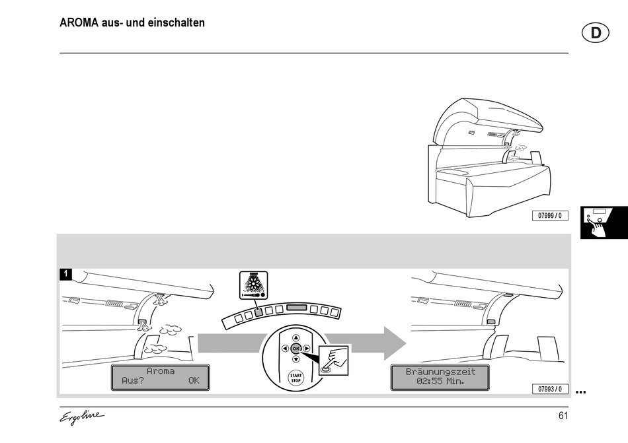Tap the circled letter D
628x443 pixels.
pyautogui.click(x=596, y=33)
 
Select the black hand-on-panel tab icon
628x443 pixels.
pyautogui.click(x=604, y=222)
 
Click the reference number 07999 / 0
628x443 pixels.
pyautogui.click(x=550, y=215)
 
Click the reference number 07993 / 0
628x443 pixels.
pyautogui.click(x=550, y=389)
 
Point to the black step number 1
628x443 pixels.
pyautogui.click(x=65, y=275)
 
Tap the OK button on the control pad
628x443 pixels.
pyautogui.click(x=295, y=349)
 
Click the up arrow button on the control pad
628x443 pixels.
pyautogui.click(x=295, y=338)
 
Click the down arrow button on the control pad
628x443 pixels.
pyautogui.click(x=295, y=359)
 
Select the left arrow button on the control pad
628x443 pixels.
pyautogui.click(x=285, y=349)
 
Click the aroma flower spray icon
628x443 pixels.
pyautogui.click(x=254, y=285)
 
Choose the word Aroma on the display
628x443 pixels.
pyautogui.click(x=160, y=372)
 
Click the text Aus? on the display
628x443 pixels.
pyautogui.click(x=133, y=381)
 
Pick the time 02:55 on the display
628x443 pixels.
pyautogui.click(x=429, y=381)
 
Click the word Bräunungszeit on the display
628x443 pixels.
pyautogui.click(x=440, y=372)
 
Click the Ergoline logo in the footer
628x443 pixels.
pyautogui.click(x=82, y=417)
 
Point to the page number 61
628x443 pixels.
pyautogui.click(x=563, y=416)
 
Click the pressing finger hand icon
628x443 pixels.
pyautogui.click(x=333, y=360)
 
